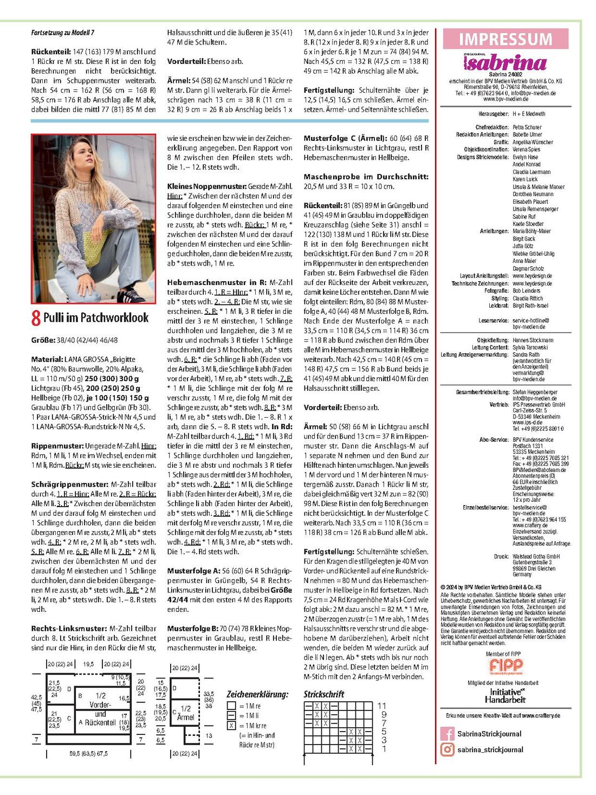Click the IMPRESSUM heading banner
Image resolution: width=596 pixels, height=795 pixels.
coord(505,39)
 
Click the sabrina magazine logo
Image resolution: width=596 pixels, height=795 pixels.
coord(505,63)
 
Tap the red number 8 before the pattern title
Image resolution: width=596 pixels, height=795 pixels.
coord(36,318)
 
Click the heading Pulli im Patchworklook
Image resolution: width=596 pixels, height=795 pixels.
coord(96,317)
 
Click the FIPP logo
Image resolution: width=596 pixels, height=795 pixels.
coord(505,666)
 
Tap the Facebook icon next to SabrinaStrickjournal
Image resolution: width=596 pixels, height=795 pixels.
coord(447,734)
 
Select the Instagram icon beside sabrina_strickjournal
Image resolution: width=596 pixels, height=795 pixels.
coord(447,749)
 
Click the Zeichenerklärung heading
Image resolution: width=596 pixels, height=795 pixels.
coord(257,694)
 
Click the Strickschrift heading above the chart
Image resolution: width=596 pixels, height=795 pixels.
coord(324,694)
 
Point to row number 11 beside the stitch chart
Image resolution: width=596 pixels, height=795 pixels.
coord(382,706)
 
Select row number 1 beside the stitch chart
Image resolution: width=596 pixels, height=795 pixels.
coord(384,749)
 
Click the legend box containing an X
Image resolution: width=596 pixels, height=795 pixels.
coord(231,725)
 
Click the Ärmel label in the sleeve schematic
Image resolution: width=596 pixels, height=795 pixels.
coord(185,717)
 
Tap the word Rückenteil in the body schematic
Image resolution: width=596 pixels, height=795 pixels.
coord(100,722)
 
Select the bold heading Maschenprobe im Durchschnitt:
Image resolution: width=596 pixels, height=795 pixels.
coord(366,177)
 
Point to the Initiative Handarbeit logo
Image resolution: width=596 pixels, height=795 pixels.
coord(505,695)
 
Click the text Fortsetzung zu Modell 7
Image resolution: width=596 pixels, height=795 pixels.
coord(63,33)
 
